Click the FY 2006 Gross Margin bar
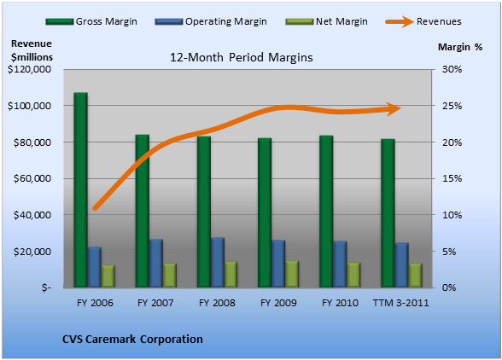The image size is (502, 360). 80,189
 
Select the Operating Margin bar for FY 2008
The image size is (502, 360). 218,263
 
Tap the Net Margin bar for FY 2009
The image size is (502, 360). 292,274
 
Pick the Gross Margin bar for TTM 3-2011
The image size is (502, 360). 388,213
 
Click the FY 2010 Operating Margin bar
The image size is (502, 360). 340,264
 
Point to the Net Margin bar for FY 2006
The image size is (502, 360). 108,276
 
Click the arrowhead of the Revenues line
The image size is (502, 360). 393,109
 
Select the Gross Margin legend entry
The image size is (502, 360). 91,21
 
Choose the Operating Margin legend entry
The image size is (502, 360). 211,21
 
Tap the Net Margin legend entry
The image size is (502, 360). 326,21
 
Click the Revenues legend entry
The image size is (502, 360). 423,21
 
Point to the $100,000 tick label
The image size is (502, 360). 29,106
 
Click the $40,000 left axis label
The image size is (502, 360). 32,215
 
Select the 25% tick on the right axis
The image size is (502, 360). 452,106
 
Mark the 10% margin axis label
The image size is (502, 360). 452,215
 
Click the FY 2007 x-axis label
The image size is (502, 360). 155,303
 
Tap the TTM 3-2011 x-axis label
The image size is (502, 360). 401,303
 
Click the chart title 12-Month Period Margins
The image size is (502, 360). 241,58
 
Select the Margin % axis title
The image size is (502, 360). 460,47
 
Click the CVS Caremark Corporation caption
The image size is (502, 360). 132,339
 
